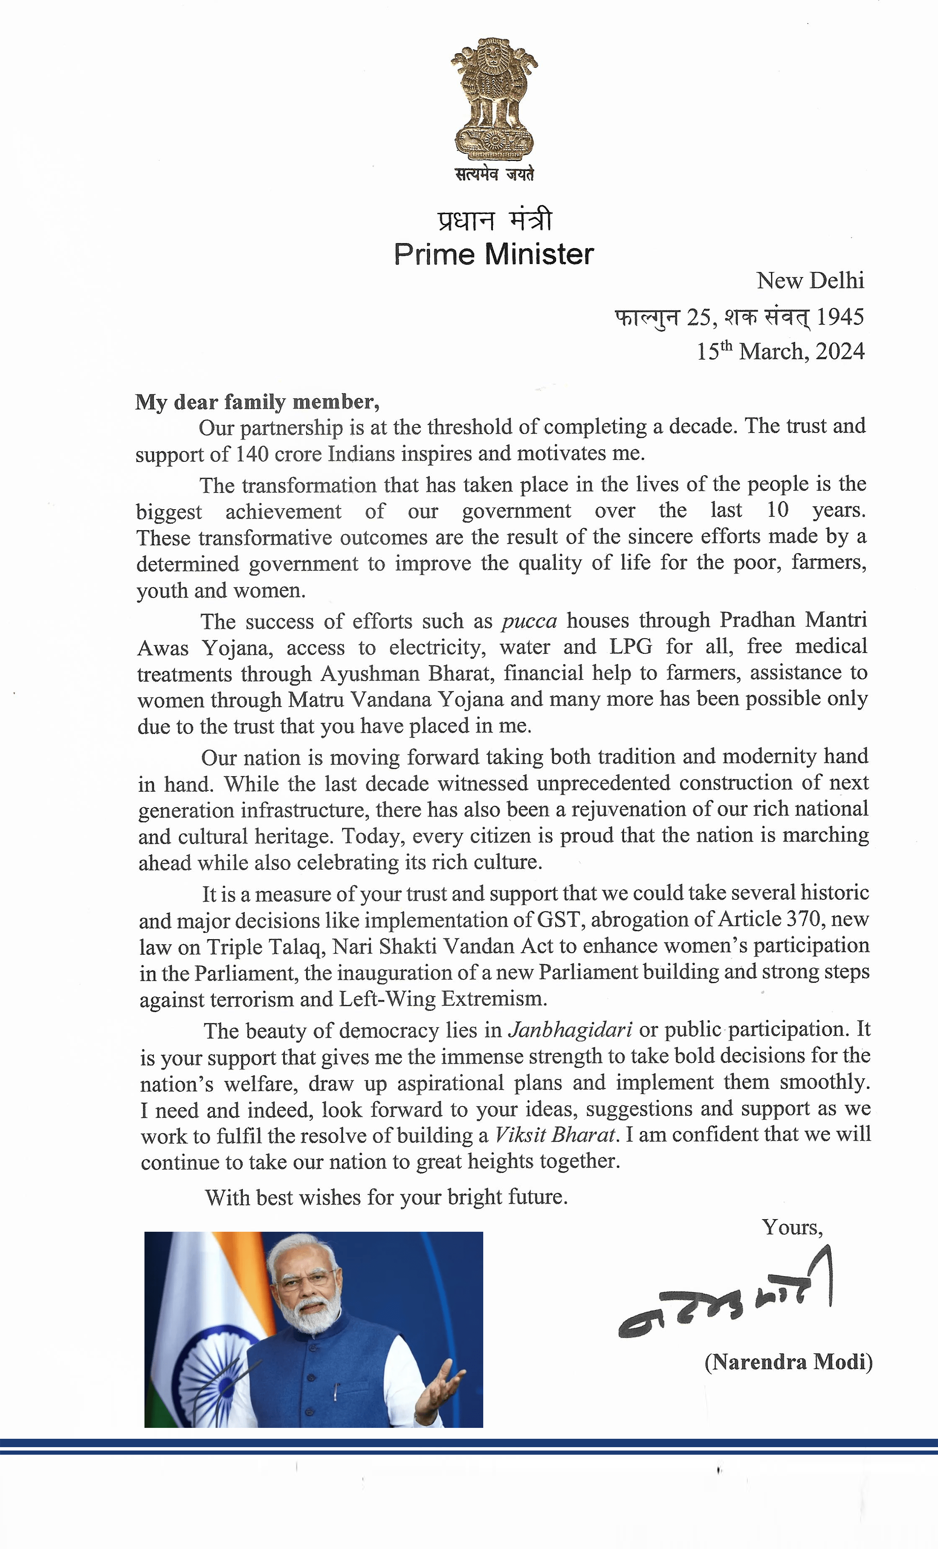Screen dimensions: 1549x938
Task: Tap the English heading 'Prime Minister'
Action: pos(493,255)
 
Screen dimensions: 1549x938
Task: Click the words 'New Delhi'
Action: pos(810,280)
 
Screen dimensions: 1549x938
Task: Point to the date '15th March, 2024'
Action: pos(780,351)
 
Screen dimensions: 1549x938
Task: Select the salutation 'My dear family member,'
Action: pos(257,401)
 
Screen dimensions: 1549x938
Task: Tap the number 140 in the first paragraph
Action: pos(252,454)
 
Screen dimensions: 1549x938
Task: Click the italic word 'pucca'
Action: pos(529,621)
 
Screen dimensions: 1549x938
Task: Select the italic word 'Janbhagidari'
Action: pos(570,1030)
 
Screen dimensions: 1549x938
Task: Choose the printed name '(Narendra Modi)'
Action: pos(789,1362)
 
